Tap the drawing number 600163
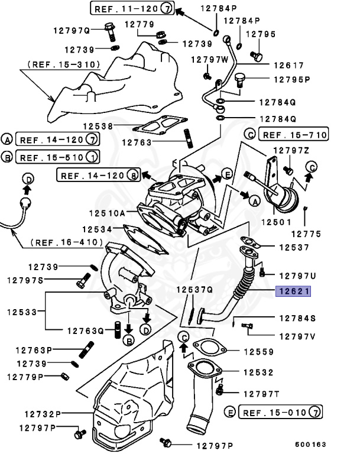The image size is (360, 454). coord(310,444)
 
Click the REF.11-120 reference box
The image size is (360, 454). coord(132,9)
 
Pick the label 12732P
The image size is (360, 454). coord(43,414)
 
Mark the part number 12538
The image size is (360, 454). coord(98,126)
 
